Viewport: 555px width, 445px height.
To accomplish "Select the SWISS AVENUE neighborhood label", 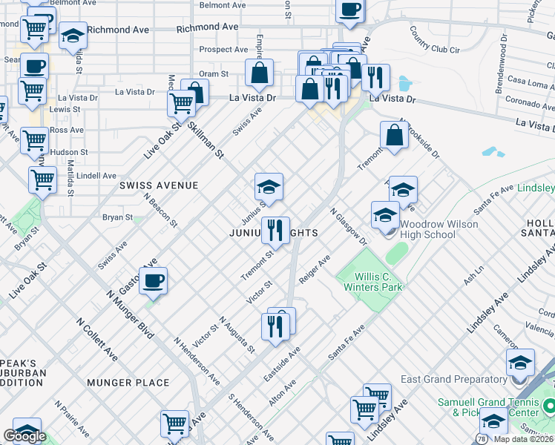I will (159, 185).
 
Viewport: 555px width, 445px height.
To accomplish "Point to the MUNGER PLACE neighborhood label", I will (128, 383).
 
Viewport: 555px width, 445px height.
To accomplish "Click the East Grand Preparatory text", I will (453, 379).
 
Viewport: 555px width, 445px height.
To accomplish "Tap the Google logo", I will (24, 436).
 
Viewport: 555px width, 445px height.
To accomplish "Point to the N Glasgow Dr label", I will (349, 226).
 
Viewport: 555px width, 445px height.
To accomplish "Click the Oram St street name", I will (214, 74).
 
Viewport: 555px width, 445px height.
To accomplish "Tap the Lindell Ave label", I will (96, 176).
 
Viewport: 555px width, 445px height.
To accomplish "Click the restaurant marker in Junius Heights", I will (275, 230).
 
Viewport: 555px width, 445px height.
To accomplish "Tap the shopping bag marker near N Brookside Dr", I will (394, 136).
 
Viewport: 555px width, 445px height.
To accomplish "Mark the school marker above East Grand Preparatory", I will (520, 363).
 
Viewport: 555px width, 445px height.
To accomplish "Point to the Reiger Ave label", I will (314, 270).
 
